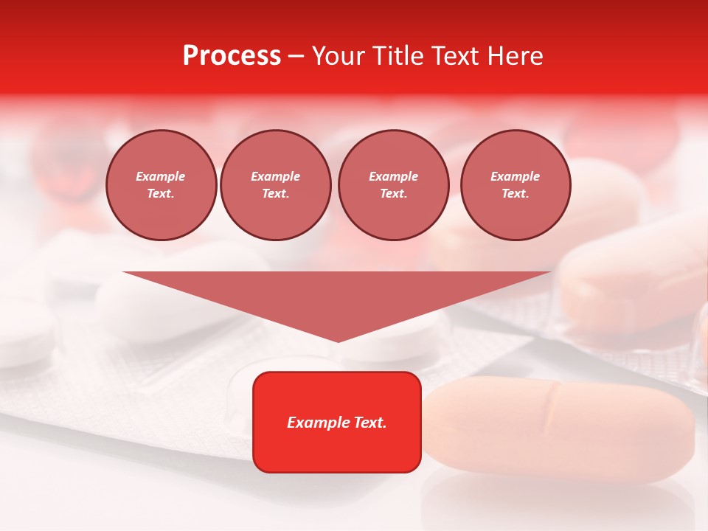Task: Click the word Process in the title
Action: (x=232, y=56)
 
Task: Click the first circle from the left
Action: (x=162, y=185)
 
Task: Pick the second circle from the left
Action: (x=276, y=185)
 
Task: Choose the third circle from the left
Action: (x=394, y=185)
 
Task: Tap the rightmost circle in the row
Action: (x=516, y=185)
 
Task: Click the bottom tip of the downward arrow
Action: (x=338, y=340)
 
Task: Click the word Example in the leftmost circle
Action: (x=161, y=176)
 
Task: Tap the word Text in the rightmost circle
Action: (x=515, y=193)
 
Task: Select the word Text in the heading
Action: (x=455, y=56)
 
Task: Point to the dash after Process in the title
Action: (x=296, y=57)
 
